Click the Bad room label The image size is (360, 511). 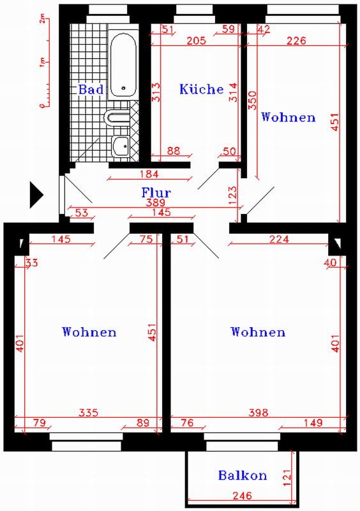pos(91,89)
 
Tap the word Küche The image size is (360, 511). pos(202,89)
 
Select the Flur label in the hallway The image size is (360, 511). pos(156,193)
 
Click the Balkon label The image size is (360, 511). pos(243,475)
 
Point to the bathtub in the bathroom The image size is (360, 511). pos(123,65)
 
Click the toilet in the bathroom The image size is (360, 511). pos(117,117)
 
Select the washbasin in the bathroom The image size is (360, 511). pos(121,146)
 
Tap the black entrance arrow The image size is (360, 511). pos(36,195)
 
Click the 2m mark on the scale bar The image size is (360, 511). pos(42,20)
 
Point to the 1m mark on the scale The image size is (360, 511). pos(42,61)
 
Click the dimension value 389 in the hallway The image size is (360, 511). pos(155,202)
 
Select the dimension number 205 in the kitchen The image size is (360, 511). pos(196,41)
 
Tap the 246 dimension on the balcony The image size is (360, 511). pos(243,496)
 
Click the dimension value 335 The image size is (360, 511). pos(88,413)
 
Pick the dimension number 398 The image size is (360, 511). pos(259,413)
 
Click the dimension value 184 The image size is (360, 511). pos(149,174)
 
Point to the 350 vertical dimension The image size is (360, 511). pos(253,100)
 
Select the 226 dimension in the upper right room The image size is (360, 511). pos(296,41)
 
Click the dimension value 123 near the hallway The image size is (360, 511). pos(232,195)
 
